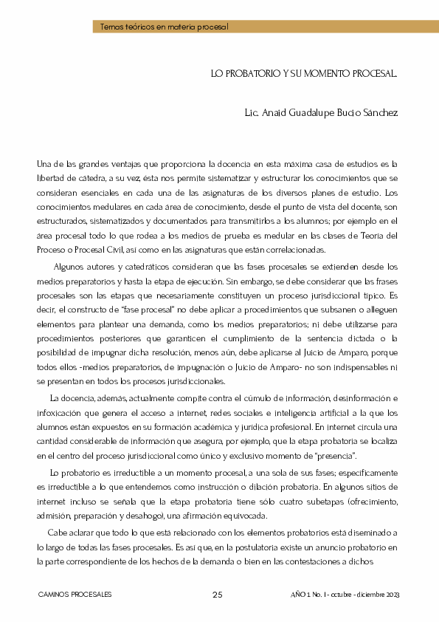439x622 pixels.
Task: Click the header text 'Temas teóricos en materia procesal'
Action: (x=165, y=27)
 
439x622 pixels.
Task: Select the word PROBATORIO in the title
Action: (x=246, y=74)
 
